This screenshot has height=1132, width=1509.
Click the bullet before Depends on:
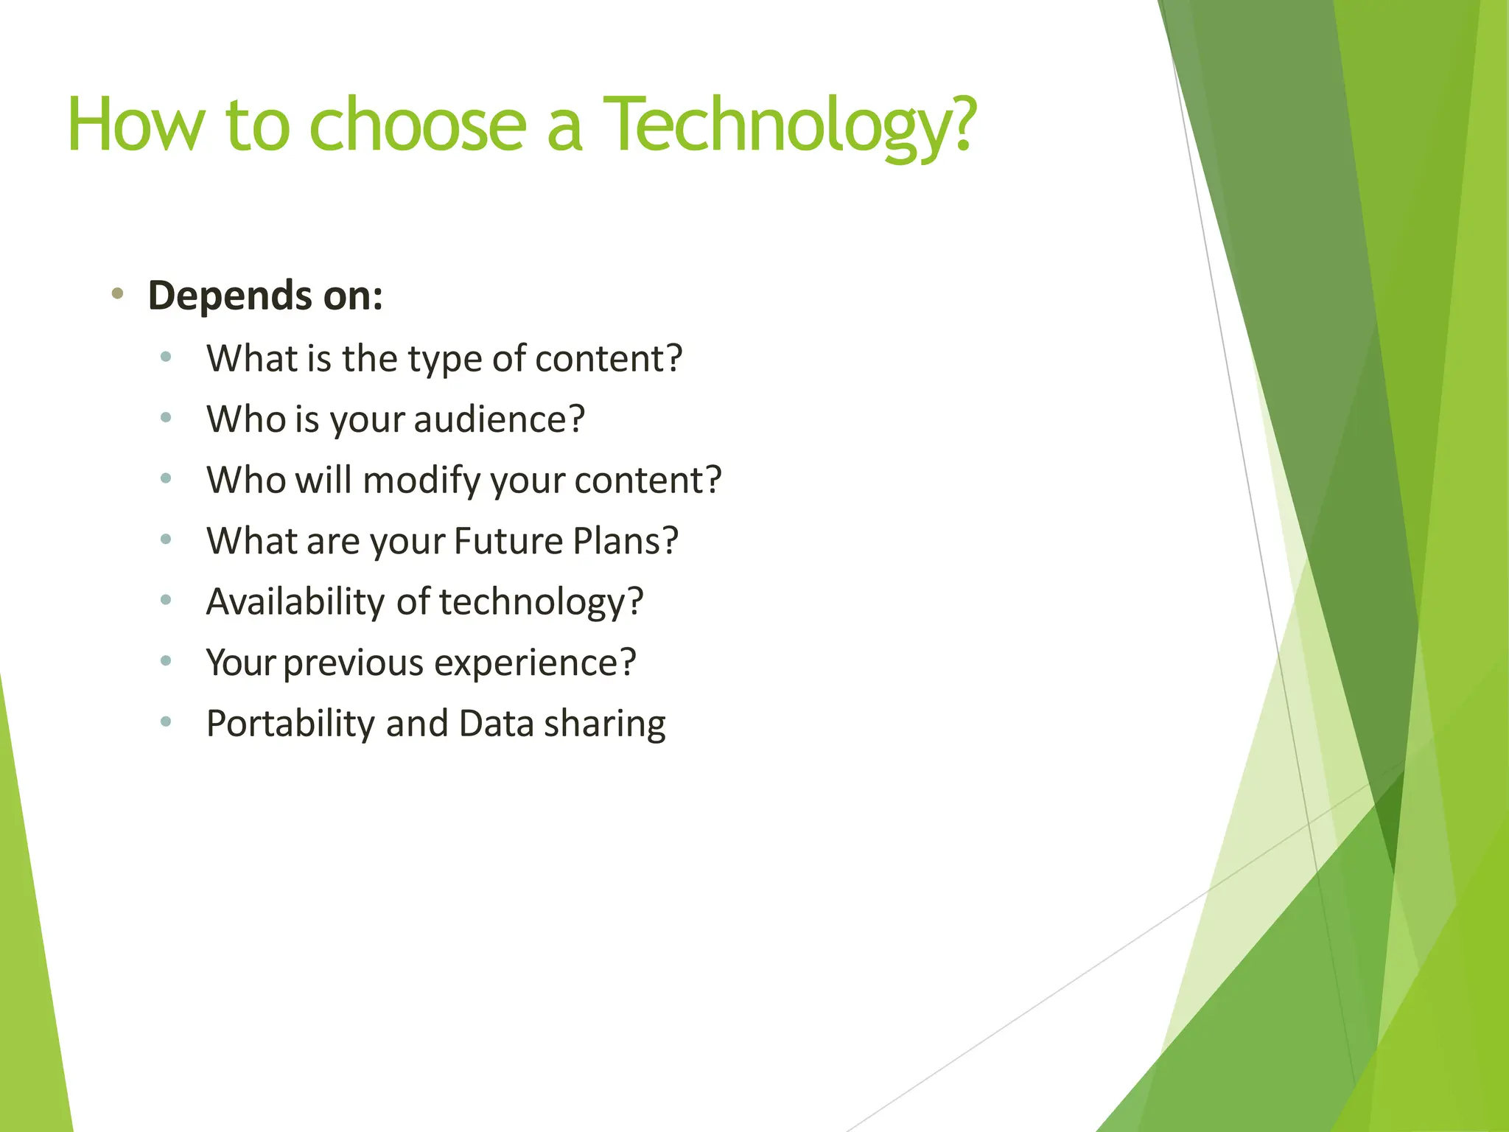117,294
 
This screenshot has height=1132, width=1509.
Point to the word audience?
499,419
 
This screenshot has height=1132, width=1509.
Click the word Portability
290,724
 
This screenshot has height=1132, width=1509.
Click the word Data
496,724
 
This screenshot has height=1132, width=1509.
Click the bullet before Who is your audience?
166,418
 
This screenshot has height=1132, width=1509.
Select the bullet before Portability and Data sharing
166,722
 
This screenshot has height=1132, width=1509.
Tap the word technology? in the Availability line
542,602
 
